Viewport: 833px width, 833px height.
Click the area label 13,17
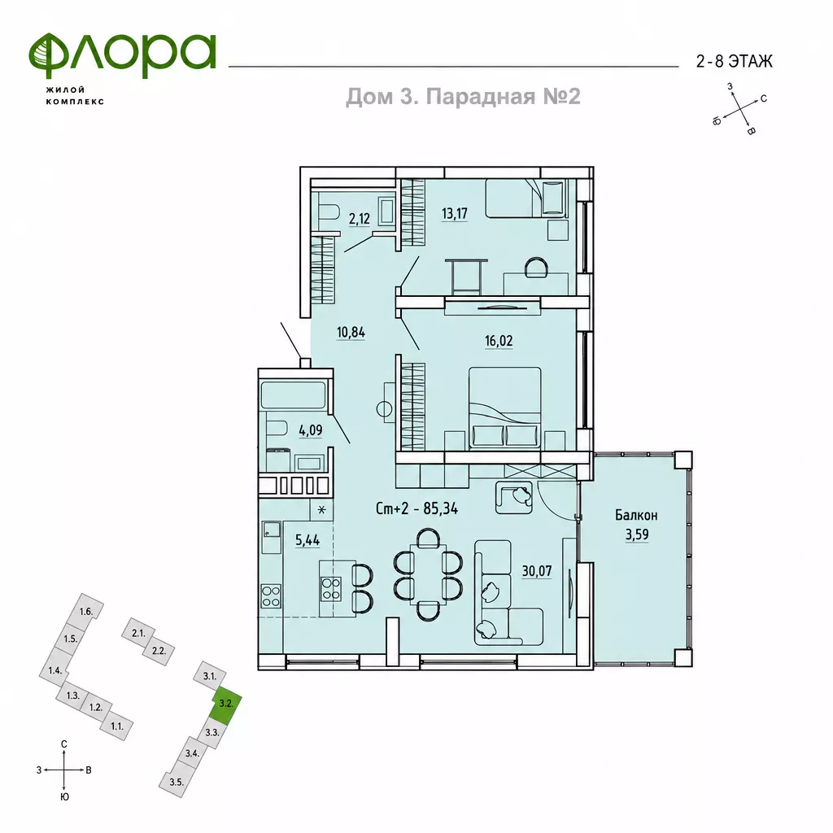pos(455,214)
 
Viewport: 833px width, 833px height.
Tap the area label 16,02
pos(499,341)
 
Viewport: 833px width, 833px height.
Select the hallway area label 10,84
pos(351,333)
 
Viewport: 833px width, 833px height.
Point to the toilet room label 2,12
pos(359,218)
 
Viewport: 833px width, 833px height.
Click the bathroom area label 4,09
pos(311,430)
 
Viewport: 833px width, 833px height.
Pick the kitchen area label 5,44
pos(307,540)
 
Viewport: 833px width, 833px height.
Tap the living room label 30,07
pos(537,571)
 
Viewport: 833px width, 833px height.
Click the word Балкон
pos(636,515)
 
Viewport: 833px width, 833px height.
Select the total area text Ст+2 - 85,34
pos(417,508)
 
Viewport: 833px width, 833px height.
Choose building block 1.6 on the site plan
pos(86,612)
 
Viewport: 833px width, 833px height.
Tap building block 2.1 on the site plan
pos(138,634)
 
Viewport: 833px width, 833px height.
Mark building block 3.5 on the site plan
pos(176,782)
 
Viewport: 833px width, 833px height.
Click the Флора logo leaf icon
pos(46,55)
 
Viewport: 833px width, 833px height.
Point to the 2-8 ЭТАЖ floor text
pos(735,62)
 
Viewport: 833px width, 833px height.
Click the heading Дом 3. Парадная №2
pos(463,97)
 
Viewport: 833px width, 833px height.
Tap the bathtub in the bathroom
pos(293,395)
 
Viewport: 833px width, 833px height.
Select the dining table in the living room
pos(428,574)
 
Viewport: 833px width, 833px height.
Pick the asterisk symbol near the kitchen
pos(322,511)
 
